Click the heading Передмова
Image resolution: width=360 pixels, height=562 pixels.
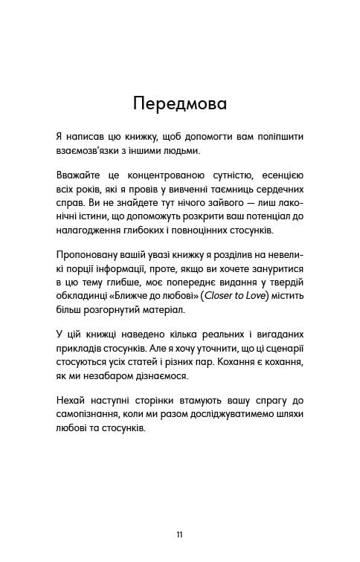[x=179, y=103]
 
